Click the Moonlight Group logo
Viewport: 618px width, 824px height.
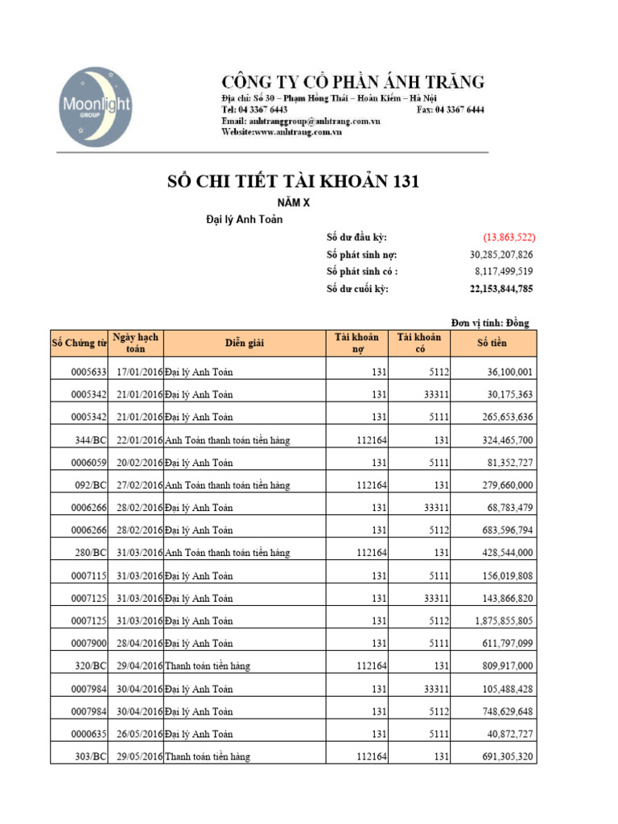click(95, 107)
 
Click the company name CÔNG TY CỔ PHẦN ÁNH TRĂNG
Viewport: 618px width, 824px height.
click(353, 81)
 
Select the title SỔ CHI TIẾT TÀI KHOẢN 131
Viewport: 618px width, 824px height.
click(292, 183)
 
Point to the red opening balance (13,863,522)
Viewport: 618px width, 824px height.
click(509, 237)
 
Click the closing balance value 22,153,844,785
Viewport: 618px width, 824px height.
click(501, 289)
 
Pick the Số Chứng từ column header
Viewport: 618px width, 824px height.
click(79, 344)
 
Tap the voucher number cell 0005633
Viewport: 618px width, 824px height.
click(89, 372)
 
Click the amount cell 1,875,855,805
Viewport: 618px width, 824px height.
click(504, 620)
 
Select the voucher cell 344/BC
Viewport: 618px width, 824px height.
click(90, 440)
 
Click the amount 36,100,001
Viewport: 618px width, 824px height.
click(509, 372)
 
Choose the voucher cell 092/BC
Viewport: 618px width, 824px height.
click(90, 485)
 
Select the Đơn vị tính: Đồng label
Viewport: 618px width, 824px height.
click(490, 323)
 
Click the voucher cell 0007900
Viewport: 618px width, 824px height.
click(89, 643)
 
